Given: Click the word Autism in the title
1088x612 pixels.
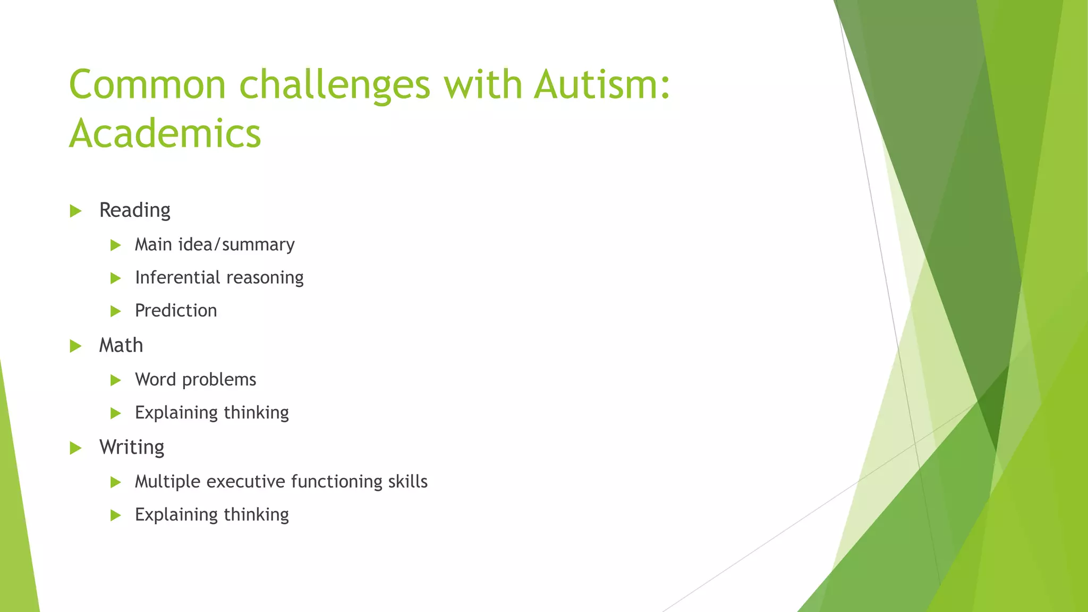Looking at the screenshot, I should click(602, 84).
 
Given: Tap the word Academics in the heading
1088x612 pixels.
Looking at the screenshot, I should click(165, 133).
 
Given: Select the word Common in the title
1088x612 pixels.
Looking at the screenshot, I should click(148, 84).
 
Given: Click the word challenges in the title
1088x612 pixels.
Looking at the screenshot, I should click(334, 86).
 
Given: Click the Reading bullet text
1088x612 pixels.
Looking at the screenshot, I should click(134, 210).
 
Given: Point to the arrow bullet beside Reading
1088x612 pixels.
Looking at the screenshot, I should click(75, 211).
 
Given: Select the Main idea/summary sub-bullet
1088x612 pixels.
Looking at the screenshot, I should click(214, 244).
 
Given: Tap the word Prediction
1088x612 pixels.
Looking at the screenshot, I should click(176, 310).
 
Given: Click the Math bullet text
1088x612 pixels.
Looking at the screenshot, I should click(121, 345).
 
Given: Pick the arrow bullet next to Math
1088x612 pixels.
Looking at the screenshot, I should click(75, 346).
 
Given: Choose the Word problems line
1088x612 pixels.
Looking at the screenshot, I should click(195, 379).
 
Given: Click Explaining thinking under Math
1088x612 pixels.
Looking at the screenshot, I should click(211, 413).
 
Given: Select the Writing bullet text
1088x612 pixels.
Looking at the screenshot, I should click(132, 447).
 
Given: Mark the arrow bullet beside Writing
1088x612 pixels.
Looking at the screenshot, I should click(75, 448).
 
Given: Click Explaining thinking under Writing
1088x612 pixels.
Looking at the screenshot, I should click(211, 515).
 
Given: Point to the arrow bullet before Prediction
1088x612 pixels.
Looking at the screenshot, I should click(115, 311).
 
